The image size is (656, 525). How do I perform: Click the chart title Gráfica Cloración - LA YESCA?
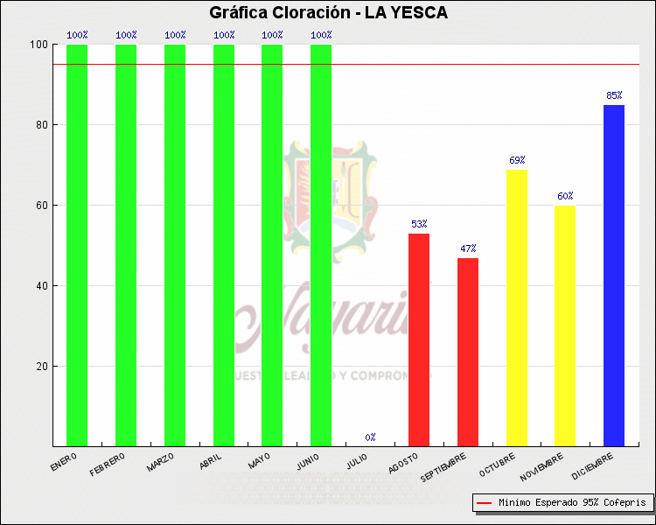[328, 12]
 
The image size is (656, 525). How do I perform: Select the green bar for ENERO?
[77, 245]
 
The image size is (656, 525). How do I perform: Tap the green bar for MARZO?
[175, 245]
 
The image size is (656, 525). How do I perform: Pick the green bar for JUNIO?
[321, 245]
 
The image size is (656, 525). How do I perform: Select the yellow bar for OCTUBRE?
[517, 307]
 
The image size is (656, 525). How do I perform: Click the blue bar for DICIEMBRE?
[614, 276]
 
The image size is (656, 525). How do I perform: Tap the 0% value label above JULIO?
[371, 437]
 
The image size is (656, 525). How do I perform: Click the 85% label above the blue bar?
[614, 95]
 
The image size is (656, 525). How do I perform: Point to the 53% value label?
[419, 224]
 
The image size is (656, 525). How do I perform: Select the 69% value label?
[517, 160]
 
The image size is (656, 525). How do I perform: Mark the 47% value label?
[468, 248]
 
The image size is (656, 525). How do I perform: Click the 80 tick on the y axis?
[40, 125]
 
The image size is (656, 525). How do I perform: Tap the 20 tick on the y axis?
[40, 367]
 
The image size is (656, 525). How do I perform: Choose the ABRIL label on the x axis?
[211, 463]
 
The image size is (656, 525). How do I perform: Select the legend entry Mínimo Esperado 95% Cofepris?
[562, 503]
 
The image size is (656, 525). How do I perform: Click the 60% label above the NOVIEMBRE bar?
[565, 196]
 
